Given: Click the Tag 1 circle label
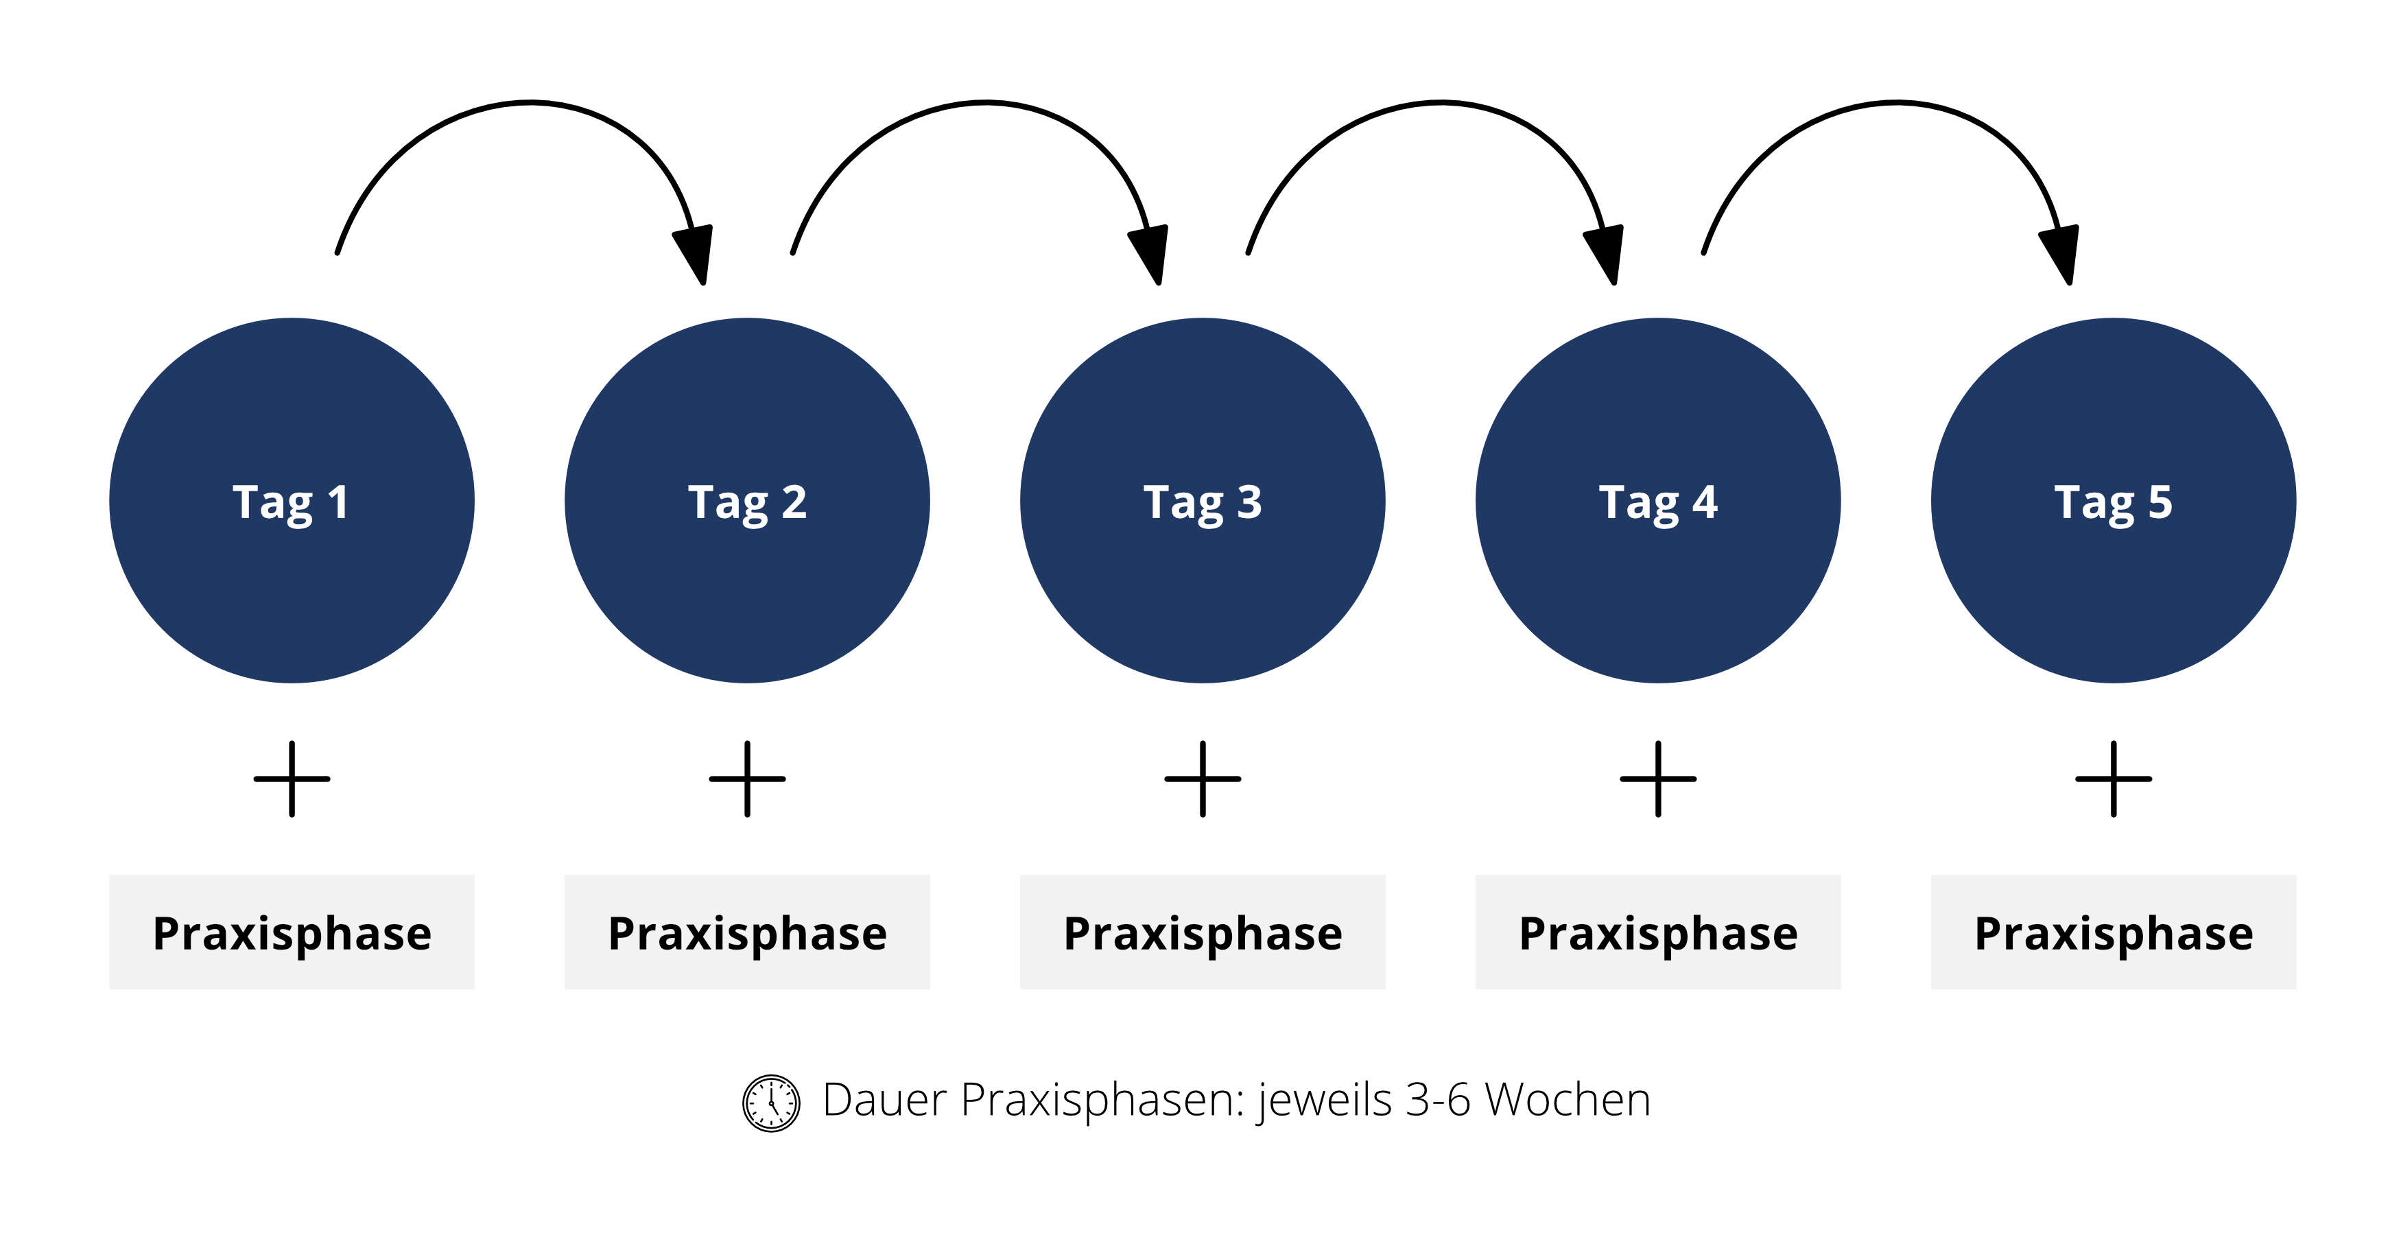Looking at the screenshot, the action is tap(291, 504).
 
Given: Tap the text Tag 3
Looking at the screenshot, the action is tap(1203, 504).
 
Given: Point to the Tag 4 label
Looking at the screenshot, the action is tap(1658, 504).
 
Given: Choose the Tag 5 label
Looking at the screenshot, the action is tap(2113, 504).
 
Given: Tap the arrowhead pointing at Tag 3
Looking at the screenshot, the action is tap(1151, 252).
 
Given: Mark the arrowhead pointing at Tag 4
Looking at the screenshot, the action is tap(1606, 252).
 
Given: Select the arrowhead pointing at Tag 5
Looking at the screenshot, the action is tap(2061, 252).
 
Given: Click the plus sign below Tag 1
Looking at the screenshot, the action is tap(292, 778).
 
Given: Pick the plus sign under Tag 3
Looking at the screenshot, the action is tap(1203, 778).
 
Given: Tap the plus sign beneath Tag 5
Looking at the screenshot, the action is tap(2113, 778).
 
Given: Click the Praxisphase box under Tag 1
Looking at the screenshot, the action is tap(292, 931).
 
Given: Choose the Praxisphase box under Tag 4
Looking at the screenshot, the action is tap(1658, 931).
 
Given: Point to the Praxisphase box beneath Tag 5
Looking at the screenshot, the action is tap(2113, 931).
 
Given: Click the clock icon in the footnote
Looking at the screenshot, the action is tap(771, 1103).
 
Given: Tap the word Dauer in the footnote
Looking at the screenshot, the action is tap(884, 1100).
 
